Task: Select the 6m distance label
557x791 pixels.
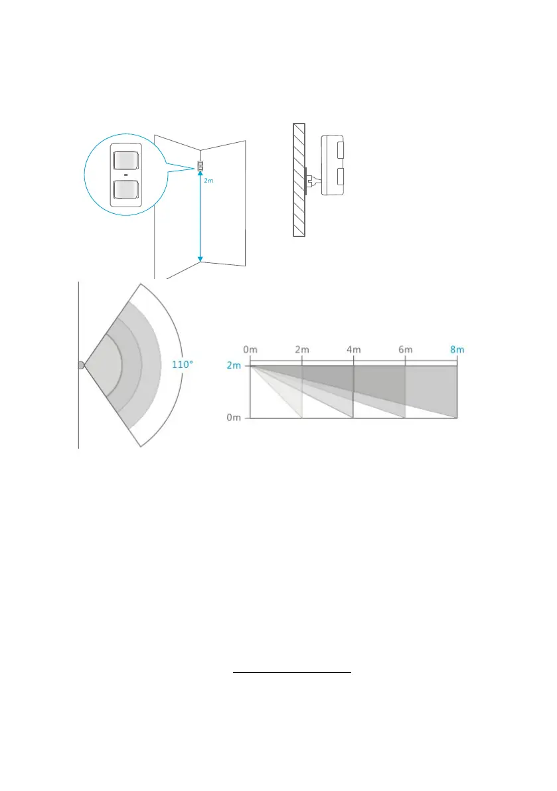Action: [405, 350]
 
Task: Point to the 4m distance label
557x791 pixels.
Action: [353, 350]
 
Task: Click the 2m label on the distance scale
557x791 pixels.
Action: [301, 350]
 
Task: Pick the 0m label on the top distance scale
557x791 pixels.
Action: [251, 350]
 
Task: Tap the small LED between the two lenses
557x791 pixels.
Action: [125, 175]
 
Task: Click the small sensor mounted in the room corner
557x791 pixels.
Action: [199, 166]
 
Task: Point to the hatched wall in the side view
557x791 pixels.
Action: [299, 179]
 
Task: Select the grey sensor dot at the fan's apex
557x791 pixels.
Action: [81, 365]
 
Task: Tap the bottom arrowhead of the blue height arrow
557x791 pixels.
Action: [200, 259]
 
